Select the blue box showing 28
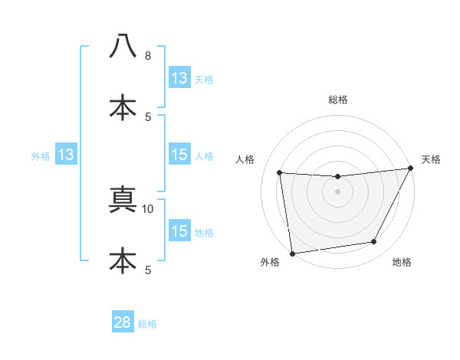point(123,322)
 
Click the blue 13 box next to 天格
point(179,78)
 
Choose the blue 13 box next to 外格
point(66,155)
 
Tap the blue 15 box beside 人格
point(179,155)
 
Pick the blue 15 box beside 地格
point(179,231)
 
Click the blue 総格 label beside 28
point(147,324)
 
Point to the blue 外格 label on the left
point(41,156)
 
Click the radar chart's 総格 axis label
point(337,100)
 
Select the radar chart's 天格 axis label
point(431,159)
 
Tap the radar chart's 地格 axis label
point(402,263)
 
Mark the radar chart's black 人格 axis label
point(245,159)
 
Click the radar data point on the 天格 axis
point(411,169)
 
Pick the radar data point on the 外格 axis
point(292,253)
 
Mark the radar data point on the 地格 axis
point(374,242)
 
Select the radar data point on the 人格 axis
point(280,173)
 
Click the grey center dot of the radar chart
point(337,191)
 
